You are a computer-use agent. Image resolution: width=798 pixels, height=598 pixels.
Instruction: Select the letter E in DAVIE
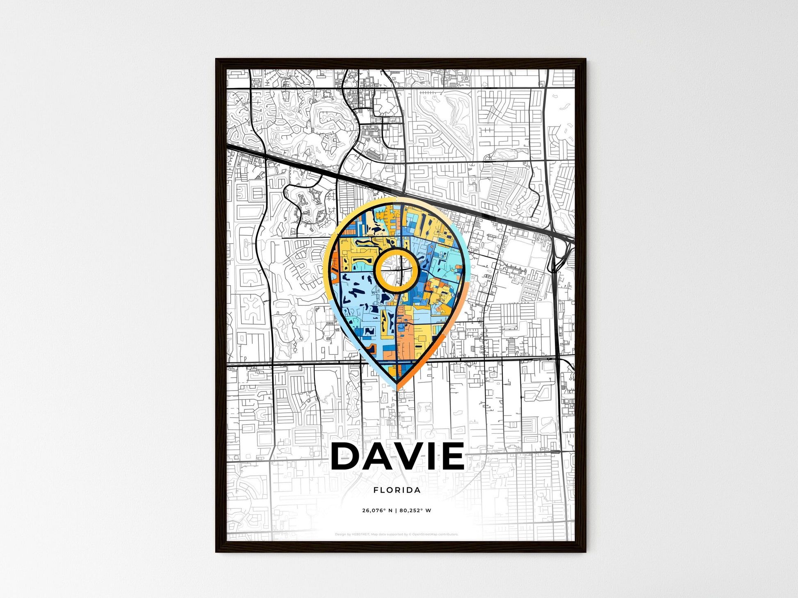click(453, 456)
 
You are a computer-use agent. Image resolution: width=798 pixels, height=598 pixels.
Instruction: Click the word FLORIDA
click(397, 490)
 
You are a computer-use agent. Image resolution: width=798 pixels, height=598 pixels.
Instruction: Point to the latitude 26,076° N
click(377, 511)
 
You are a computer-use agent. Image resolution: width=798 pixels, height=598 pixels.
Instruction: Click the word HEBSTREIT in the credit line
click(361, 534)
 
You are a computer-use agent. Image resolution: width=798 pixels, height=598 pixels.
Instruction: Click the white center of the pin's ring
click(397, 270)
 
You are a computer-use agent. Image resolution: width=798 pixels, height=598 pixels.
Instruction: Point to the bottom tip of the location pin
click(397, 387)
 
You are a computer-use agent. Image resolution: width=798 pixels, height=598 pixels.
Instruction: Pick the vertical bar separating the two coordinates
click(397, 511)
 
